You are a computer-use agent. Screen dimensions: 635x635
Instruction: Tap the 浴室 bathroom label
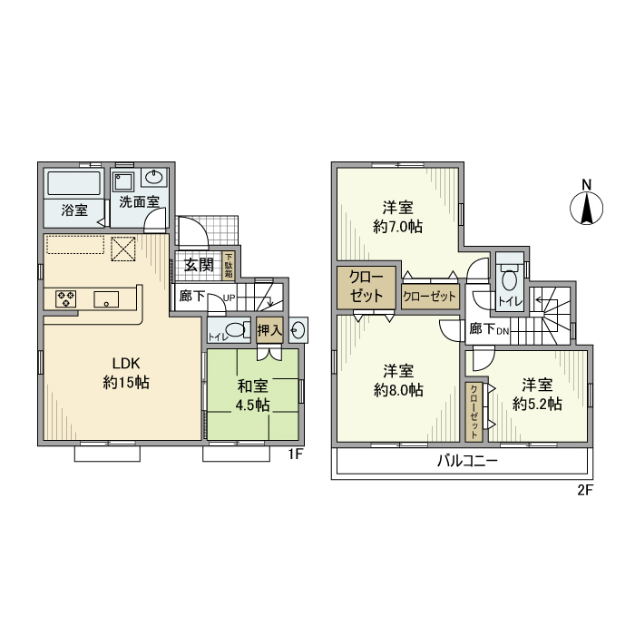coord(74,210)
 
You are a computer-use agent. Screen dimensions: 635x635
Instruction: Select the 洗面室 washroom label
coord(140,202)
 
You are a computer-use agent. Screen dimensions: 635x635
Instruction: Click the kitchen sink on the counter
coord(106,297)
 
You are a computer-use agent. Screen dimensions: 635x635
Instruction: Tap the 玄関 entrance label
coord(200,265)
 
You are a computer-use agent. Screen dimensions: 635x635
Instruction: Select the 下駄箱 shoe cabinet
coord(229,265)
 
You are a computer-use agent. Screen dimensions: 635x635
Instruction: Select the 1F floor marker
coord(295,454)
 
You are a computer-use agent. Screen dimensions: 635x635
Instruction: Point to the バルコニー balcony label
coord(466,461)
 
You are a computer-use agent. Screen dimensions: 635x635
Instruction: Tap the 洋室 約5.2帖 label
coord(536,393)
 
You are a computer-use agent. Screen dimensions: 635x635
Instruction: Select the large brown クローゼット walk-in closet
coord(366,287)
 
